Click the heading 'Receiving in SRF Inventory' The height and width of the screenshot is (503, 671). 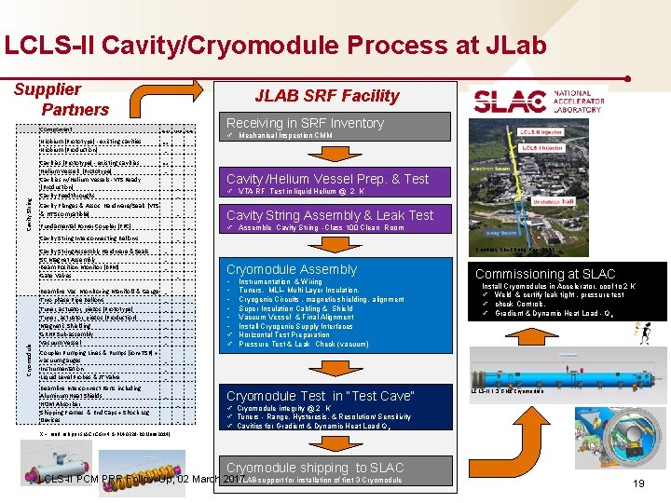305,123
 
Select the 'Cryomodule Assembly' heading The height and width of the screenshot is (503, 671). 292,269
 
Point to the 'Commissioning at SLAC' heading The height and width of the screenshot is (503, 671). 545,274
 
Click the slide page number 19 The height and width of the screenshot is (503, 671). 637,483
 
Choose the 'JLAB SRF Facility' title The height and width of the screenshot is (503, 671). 327,95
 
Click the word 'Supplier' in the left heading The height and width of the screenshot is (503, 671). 47,89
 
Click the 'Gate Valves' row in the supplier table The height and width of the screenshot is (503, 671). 55,276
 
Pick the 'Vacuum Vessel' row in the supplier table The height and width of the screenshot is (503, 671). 61,343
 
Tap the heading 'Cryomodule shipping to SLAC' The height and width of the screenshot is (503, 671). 315,467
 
